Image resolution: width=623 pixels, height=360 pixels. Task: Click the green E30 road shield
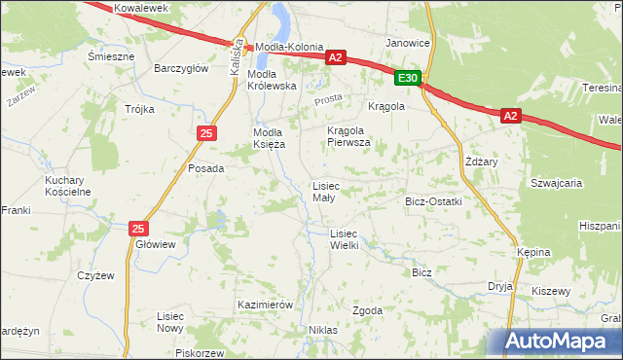[409, 78]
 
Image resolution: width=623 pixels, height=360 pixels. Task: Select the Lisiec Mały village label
[324, 192]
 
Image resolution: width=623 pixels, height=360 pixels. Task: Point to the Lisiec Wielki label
[345, 239]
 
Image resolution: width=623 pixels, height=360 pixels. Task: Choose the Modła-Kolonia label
[289, 47]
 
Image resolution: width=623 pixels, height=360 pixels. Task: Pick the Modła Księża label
[269, 138]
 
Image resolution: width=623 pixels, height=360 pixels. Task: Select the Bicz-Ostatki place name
[433, 201]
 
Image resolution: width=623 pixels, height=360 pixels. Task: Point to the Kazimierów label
[265, 305]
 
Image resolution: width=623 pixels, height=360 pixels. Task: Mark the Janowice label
[408, 44]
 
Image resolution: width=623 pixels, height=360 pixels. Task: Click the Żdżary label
[481, 162]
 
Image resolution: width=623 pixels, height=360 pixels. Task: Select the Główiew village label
[156, 244]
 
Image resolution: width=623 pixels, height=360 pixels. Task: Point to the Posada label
[205, 168]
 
